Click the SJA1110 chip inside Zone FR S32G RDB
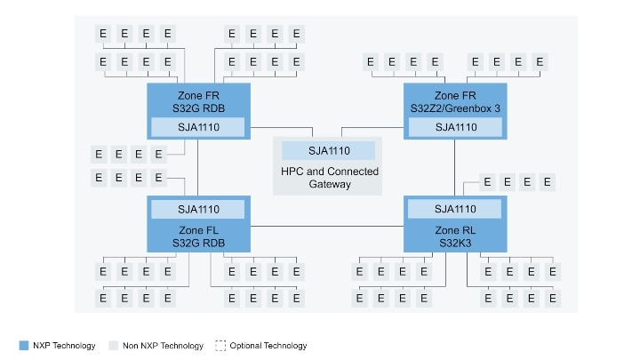point(198,127)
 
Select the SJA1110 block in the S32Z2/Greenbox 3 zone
point(455,127)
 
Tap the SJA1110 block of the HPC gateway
point(329,150)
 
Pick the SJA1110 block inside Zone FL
point(198,209)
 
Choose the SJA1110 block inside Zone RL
point(455,209)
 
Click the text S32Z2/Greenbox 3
point(455,108)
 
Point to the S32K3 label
point(455,242)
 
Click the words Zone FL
point(198,228)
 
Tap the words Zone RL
point(455,228)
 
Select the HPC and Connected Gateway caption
point(329,178)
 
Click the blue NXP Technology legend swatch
point(23,345)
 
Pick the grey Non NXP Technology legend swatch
point(112,345)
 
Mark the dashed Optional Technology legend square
point(220,345)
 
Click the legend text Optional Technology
point(268,345)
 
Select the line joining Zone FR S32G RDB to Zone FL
point(198,169)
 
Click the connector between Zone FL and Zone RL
point(327,227)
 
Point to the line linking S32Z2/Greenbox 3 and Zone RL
point(455,169)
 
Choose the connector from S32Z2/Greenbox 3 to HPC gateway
point(373,125)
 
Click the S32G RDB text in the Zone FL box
point(198,242)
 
